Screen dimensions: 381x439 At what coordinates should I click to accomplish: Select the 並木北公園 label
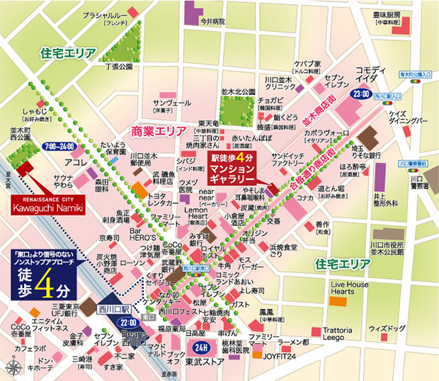237,92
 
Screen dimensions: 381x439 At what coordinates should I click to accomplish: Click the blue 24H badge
200,348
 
